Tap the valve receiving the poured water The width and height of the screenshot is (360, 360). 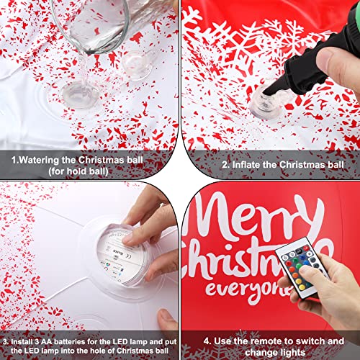[x=81, y=94]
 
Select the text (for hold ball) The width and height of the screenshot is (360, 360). [x=78, y=171]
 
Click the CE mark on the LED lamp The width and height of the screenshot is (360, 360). [x=129, y=257]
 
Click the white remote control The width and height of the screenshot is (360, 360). [x=302, y=268]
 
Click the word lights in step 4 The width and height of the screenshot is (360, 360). [x=292, y=353]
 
